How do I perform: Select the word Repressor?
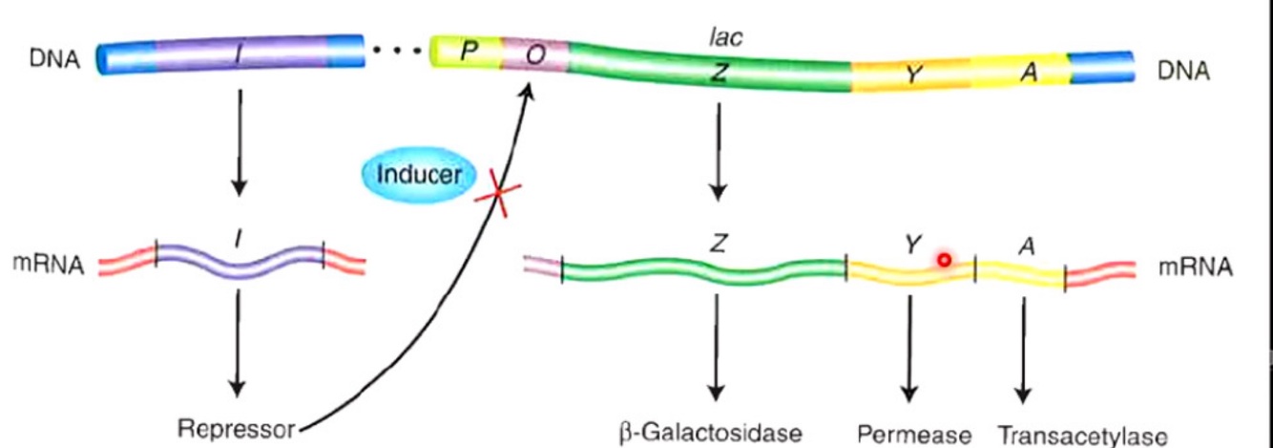[237, 429]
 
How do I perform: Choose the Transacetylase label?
[1082, 436]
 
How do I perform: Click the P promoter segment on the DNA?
[468, 52]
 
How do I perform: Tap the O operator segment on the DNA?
[536, 54]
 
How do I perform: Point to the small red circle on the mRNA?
[944, 259]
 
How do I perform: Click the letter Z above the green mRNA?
[719, 242]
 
